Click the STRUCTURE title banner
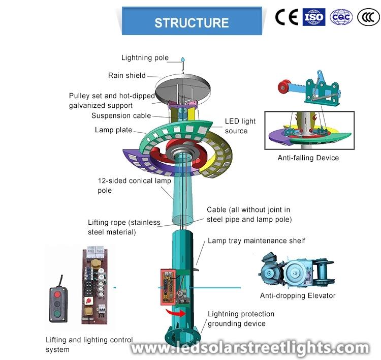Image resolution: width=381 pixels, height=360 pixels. tap(192, 21)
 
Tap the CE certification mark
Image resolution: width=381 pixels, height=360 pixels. tap(287, 17)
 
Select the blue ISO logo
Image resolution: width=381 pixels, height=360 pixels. tap(314, 17)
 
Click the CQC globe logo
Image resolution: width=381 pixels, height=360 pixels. tap(341, 17)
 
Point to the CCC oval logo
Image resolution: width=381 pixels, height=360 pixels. tap(368, 17)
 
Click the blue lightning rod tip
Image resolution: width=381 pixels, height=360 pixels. tap(183, 59)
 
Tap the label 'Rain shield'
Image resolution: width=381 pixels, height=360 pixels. tap(127, 75)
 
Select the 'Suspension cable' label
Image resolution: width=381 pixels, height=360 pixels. tap(121, 115)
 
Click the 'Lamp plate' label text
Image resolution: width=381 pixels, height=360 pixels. tap(113, 130)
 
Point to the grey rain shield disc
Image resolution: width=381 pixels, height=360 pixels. tap(183, 86)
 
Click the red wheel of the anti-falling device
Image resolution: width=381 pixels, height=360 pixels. tap(285, 87)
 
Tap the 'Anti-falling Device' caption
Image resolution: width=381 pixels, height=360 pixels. tap(308, 158)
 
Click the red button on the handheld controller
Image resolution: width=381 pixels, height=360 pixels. tap(57, 294)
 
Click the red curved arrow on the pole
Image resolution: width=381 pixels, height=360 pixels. tap(175, 313)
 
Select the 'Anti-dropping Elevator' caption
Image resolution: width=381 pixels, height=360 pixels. tap(298, 295)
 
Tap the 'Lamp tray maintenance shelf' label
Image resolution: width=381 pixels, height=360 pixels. tap(257, 241)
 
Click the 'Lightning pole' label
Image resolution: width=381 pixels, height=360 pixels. tap(145, 57)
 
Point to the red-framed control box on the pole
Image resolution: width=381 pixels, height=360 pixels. tap(168, 287)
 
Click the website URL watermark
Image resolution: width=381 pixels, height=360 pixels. tap(250, 348)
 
